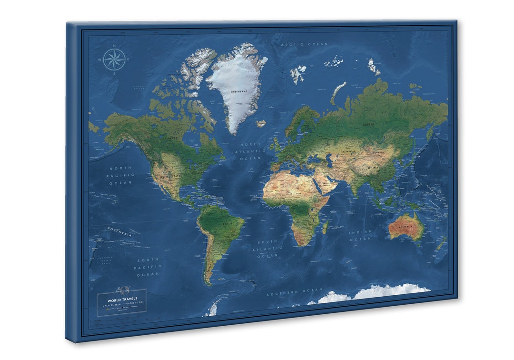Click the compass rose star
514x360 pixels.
(x=114, y=60)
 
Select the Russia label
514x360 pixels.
(x=368, y=124)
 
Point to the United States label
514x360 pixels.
(x=170, y=176)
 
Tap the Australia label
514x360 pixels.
(x=405, y=227)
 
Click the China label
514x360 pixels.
(x=373, y=168)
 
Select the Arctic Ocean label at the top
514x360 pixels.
(x=304, y=44)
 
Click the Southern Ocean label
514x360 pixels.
(x=294, y=291)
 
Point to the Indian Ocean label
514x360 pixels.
(x=360, y=235)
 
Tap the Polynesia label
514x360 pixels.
(x=119, y=231)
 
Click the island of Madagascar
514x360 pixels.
(x=326, y=227)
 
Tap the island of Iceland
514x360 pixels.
(x=261, y=124)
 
